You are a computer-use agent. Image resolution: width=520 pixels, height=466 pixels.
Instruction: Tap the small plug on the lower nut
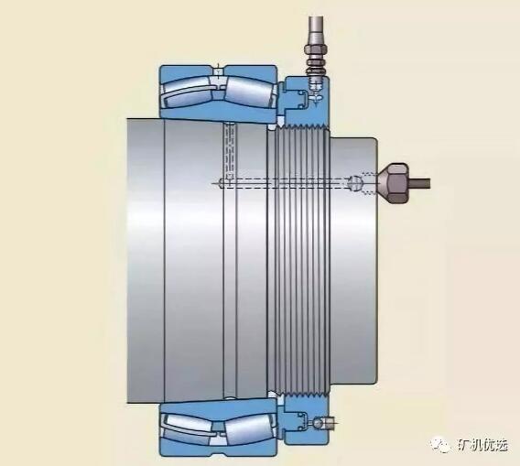tap(318, 423)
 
